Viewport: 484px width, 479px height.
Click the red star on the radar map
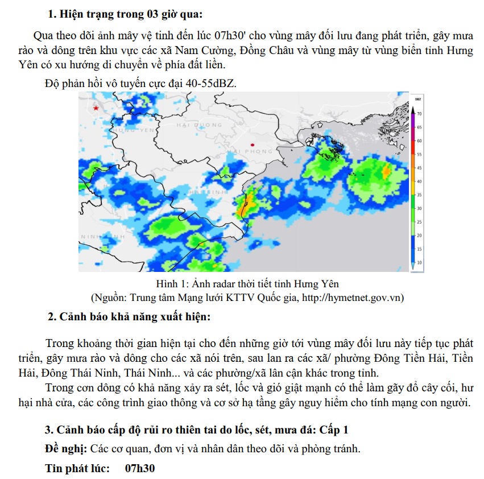[x=96, y=108]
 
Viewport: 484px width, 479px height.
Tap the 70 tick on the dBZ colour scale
[x=419, y=114]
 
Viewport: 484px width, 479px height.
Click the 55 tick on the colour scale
[x=419, y=154]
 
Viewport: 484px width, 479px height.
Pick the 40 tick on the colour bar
[x=419, y=181]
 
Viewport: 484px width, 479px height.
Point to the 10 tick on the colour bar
[x=419, y=263]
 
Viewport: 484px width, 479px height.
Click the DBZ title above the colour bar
[x=418, y=100]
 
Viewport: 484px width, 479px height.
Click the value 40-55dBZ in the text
[x=206, y=83]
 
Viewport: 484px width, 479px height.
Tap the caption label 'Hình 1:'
[x=173, y=283]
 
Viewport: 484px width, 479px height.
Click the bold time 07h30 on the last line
[x=139, y=468]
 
